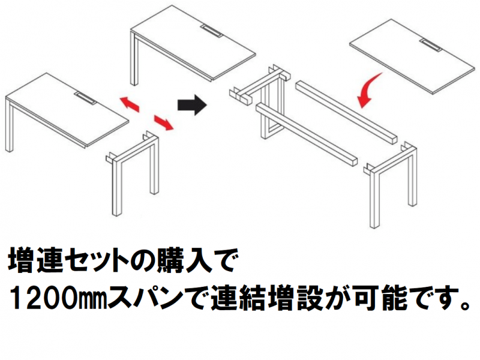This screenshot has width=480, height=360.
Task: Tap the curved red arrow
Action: click(x=368, y=91)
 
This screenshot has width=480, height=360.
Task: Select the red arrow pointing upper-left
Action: click(x=129, y=104)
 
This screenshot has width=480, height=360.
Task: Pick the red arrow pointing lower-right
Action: click(x=163, y=122)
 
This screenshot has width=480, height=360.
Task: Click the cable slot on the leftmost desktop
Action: click(x=86, y=98)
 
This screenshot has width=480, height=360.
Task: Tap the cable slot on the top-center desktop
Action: click(x=212, y=31)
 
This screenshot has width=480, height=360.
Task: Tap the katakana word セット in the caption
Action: click(x=95, y=261)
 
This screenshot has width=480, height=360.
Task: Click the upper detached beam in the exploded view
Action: click(x=346, y=112)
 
